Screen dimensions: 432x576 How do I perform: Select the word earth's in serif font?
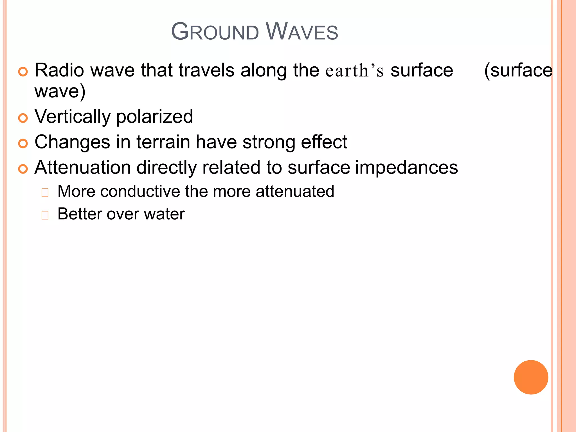(354, 71)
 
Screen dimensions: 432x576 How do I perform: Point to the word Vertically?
(73, 117)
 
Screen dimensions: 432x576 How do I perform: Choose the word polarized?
(154, 117)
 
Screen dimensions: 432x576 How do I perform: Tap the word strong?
(269, 142)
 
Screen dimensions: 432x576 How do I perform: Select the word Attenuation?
(83, 168)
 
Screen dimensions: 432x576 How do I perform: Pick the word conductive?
(140, 192)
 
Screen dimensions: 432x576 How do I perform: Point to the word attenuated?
(295, 192)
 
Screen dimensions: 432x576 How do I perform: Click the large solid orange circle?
(531, 377)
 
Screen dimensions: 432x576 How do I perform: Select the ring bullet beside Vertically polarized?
(23, 118)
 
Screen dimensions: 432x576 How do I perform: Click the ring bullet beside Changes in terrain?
(23, 143)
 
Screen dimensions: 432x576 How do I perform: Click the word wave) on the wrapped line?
(60, 91)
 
